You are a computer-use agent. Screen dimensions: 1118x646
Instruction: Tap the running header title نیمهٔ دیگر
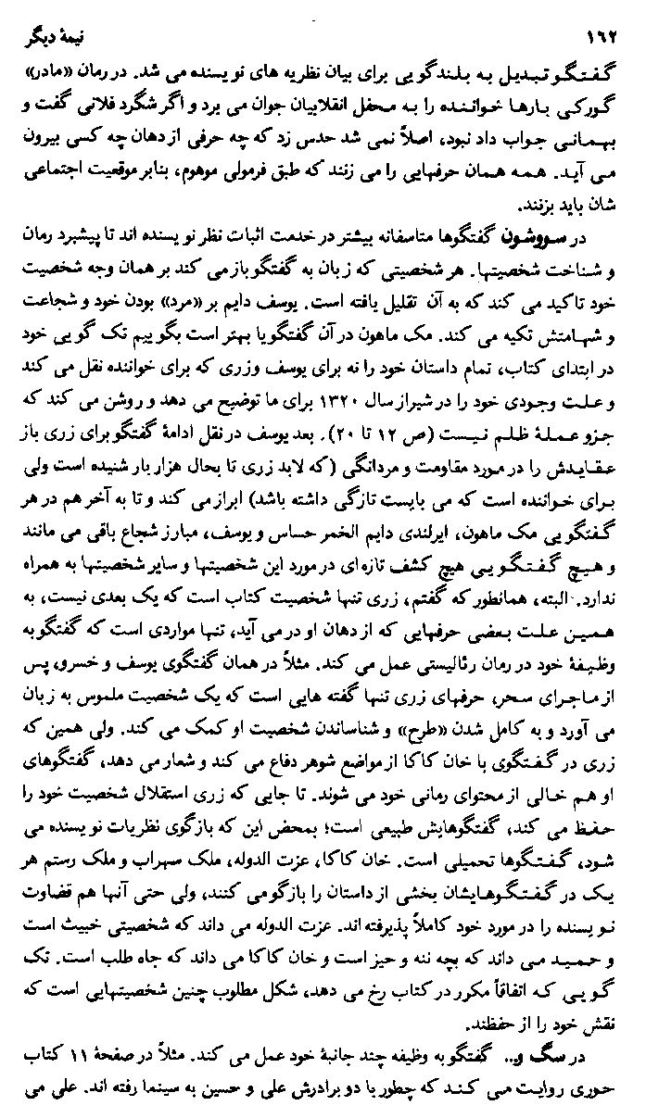(57, 41)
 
